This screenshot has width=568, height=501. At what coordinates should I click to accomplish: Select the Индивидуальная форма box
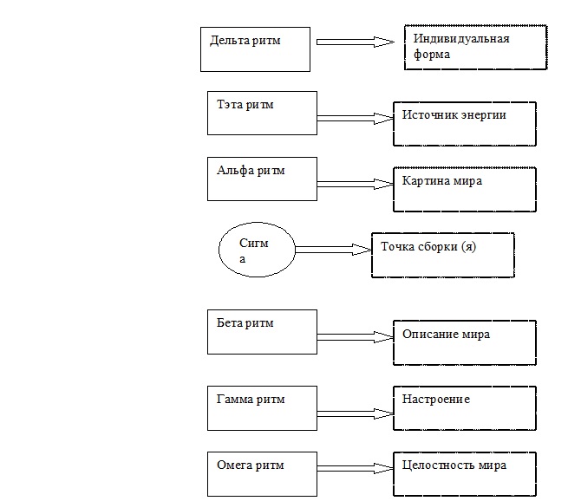point(474,49)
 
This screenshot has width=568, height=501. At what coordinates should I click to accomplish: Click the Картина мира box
point(464,190)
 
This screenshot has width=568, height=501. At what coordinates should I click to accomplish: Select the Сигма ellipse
point(255,250)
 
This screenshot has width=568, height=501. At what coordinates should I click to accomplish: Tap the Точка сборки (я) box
point(442,255)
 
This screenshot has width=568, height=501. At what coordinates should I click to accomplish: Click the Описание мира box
point(464,343)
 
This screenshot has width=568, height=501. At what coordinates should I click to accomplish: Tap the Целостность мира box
point(464,474)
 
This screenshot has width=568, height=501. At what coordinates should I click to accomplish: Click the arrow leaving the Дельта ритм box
point(356,41)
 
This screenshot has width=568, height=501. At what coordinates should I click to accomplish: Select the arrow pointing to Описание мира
point(355,335)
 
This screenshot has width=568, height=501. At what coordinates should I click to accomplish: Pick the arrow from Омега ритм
point(355,468)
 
